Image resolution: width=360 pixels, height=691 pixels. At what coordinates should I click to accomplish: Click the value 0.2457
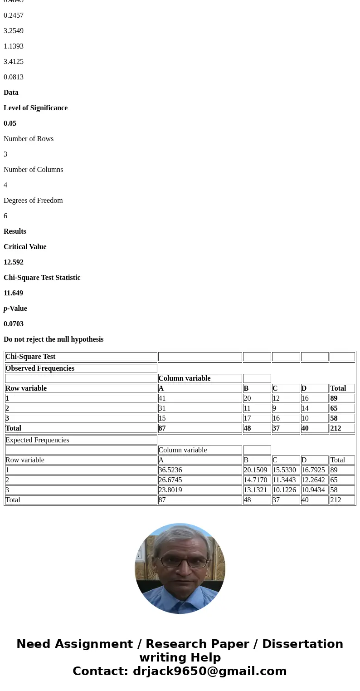tap(14, 15)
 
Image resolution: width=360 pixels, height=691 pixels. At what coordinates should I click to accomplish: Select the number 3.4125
tap(14, 62)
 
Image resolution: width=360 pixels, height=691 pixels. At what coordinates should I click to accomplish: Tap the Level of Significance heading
tap(35, 108)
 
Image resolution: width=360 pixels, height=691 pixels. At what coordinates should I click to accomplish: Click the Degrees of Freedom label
tap(33, 201)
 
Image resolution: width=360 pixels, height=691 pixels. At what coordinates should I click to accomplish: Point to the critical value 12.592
tap(14, 262)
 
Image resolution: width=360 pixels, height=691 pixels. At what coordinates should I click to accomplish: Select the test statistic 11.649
tap(13, 293)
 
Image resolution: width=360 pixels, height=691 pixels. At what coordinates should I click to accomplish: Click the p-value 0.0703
tap(14, 324)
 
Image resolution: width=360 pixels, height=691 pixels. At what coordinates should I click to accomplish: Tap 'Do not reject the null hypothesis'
tap(54, 339)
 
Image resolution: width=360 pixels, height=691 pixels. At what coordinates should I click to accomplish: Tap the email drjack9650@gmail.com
tap(209, 671)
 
